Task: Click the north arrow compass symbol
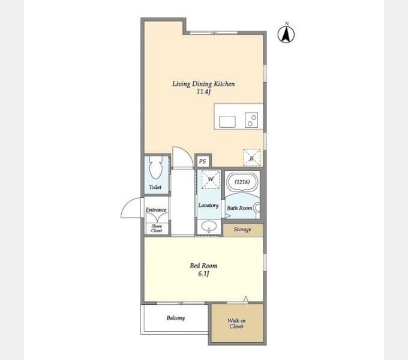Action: tap(286, 34)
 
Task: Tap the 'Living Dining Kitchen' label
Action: tap(203, 84)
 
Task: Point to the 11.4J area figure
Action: tap(203, 92)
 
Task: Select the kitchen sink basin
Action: tap(227, 122)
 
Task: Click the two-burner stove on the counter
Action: tap(251, 120)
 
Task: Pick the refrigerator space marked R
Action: tap(251, 158)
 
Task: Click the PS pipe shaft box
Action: tap(203, 161)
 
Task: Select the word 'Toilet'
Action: tap(155, 187)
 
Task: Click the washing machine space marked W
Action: tap(211, 179)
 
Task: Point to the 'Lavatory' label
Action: tap(208, 205)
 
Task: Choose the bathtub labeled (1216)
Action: tap(242, 182)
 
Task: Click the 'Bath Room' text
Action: tap(239, 208)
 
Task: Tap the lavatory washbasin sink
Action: tap(209, 226)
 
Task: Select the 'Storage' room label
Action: tap(242, 229)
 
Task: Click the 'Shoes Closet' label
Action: tap(157, 229)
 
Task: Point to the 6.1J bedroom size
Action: tap(203, 274)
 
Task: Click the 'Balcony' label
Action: tap(176, 318)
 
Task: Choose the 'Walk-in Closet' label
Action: tap(236, 323)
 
